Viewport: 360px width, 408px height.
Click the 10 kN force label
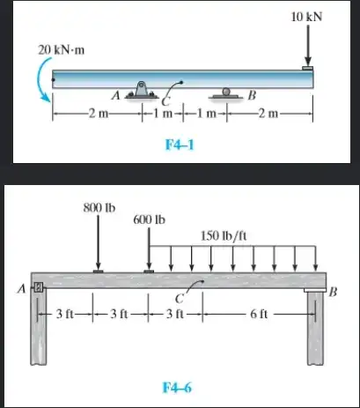coord(306,17)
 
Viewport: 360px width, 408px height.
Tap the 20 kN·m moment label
coord(62,50)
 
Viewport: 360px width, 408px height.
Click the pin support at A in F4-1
coord(142,90)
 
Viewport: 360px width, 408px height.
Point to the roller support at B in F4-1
coord(225,93)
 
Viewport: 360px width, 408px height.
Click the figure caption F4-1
coord(180,145)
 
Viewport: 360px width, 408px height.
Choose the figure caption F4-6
coord(177,388)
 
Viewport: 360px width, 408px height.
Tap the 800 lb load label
coord(99,208)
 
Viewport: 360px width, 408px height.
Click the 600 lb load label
coord(149,219)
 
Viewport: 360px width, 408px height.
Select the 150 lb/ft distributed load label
coord(224,235)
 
